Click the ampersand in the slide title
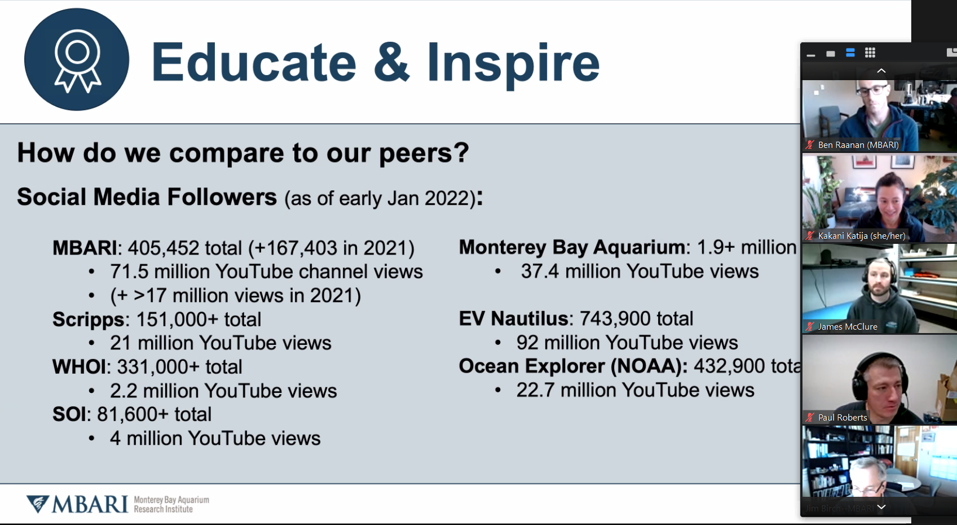coord(391,62)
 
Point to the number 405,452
coord(163,248)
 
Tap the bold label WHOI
coord(79,367)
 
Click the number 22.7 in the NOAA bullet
coord(535,390)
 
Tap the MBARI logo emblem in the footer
coord(38,504)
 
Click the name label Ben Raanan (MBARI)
coord(858,145)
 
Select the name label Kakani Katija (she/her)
coord(862,235)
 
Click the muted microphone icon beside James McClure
coord(810,327)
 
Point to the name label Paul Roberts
coord(843,417)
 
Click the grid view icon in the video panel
coord(870,53)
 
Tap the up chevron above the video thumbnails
coord(881,71)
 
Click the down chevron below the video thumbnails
coord(881,507)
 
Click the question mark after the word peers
coord(462,152)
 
